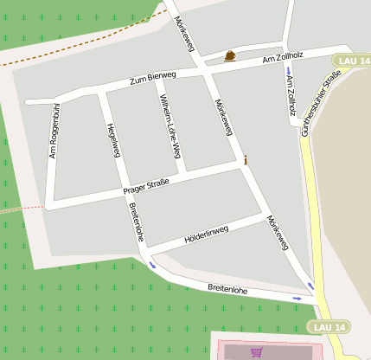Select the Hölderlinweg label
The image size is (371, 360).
[206, 233]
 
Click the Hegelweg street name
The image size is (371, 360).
[112, 140]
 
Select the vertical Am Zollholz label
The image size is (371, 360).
[291, 95]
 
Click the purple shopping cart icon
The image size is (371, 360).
[256, 352]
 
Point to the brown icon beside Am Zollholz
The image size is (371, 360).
[230, 56]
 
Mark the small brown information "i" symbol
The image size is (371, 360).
[246, 159]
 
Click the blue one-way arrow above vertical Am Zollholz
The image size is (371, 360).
[288, 70]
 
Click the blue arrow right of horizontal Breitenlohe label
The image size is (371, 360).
[297, 299]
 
